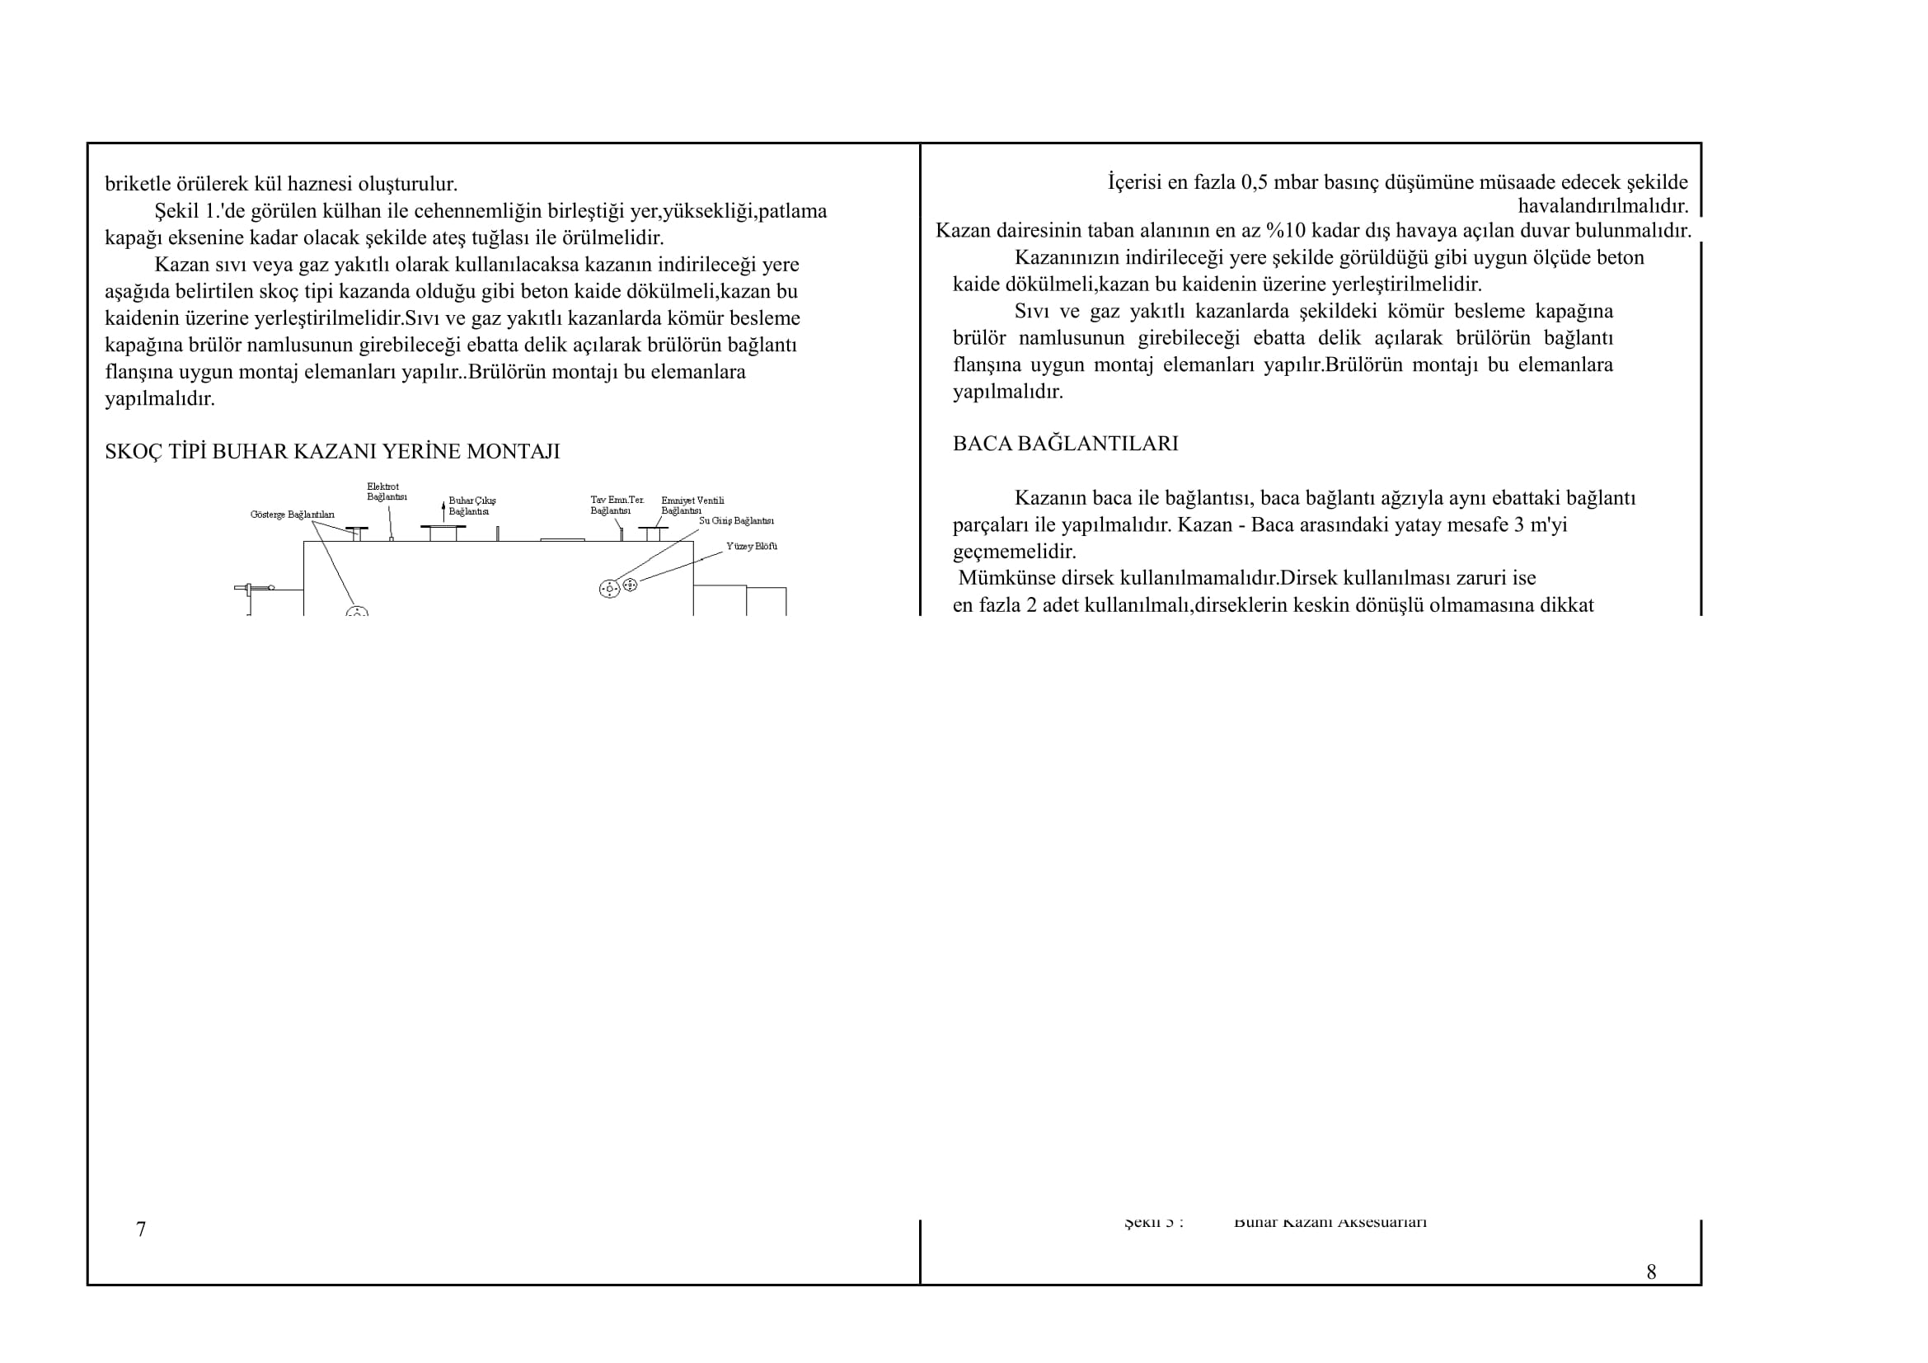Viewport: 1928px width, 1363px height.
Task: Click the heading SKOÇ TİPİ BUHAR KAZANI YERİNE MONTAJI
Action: click(331, 452)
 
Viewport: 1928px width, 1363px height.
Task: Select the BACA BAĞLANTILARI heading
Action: click(1065, 444)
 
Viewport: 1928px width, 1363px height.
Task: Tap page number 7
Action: click(141, 1229)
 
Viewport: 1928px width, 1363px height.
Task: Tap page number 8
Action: click(1651, 1272)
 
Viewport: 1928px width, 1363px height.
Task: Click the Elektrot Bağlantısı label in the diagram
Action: click(387, 492)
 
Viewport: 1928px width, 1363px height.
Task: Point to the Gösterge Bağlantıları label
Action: click(293, 515)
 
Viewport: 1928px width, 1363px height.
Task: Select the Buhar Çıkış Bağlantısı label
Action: click(472, 506)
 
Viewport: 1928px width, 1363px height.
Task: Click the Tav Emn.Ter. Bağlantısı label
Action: click(617, 505)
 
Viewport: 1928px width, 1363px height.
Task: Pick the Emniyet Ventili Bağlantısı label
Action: click(692, 505)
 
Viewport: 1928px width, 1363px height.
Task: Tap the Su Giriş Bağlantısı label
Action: click(736, 520)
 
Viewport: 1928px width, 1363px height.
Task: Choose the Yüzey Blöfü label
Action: click(752, 547)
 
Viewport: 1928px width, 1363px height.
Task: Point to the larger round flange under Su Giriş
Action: click(610, 589)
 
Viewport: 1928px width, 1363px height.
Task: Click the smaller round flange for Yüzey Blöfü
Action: click(631, 585)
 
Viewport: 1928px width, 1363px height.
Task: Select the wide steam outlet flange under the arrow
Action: click(443, 528)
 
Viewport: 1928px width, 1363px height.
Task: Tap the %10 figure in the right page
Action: click(1286, 231)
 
